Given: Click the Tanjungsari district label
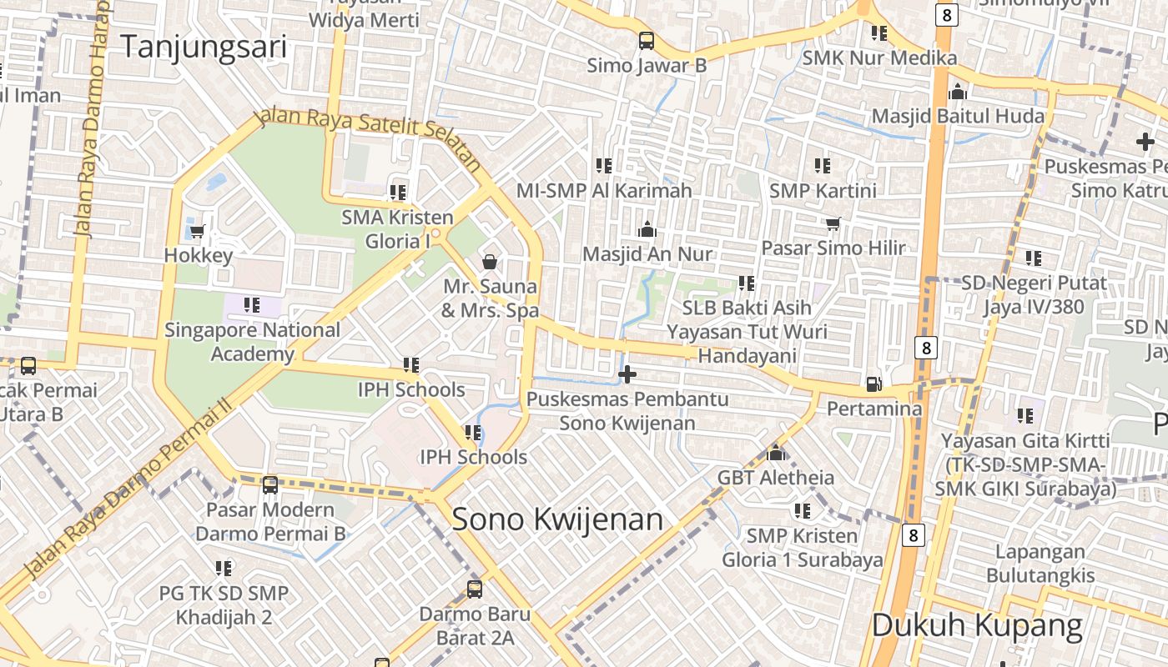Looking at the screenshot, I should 204,47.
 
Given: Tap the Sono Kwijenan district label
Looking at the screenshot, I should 556,519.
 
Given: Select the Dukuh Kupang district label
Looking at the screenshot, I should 977,624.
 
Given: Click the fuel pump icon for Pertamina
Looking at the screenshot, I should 874,384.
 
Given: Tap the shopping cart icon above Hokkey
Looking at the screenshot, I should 198,231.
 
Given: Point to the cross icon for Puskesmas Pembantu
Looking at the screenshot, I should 627,375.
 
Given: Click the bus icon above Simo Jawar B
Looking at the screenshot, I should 646,40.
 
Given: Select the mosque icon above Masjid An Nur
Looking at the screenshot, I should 647,229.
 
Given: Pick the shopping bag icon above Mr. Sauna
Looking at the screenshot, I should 490,262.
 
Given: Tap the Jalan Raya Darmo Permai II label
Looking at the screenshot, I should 125,492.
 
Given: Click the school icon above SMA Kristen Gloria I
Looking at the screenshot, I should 398,193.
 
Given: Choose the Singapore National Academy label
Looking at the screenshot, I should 252,341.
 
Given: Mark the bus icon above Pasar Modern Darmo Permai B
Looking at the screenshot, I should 269,484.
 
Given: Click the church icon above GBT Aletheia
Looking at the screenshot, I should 776,453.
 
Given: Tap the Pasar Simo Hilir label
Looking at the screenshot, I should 833,248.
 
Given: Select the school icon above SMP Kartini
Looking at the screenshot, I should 823,166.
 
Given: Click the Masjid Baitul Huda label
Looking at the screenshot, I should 958,116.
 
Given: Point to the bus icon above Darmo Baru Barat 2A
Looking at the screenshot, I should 474,589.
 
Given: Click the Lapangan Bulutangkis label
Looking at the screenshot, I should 1040,563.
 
